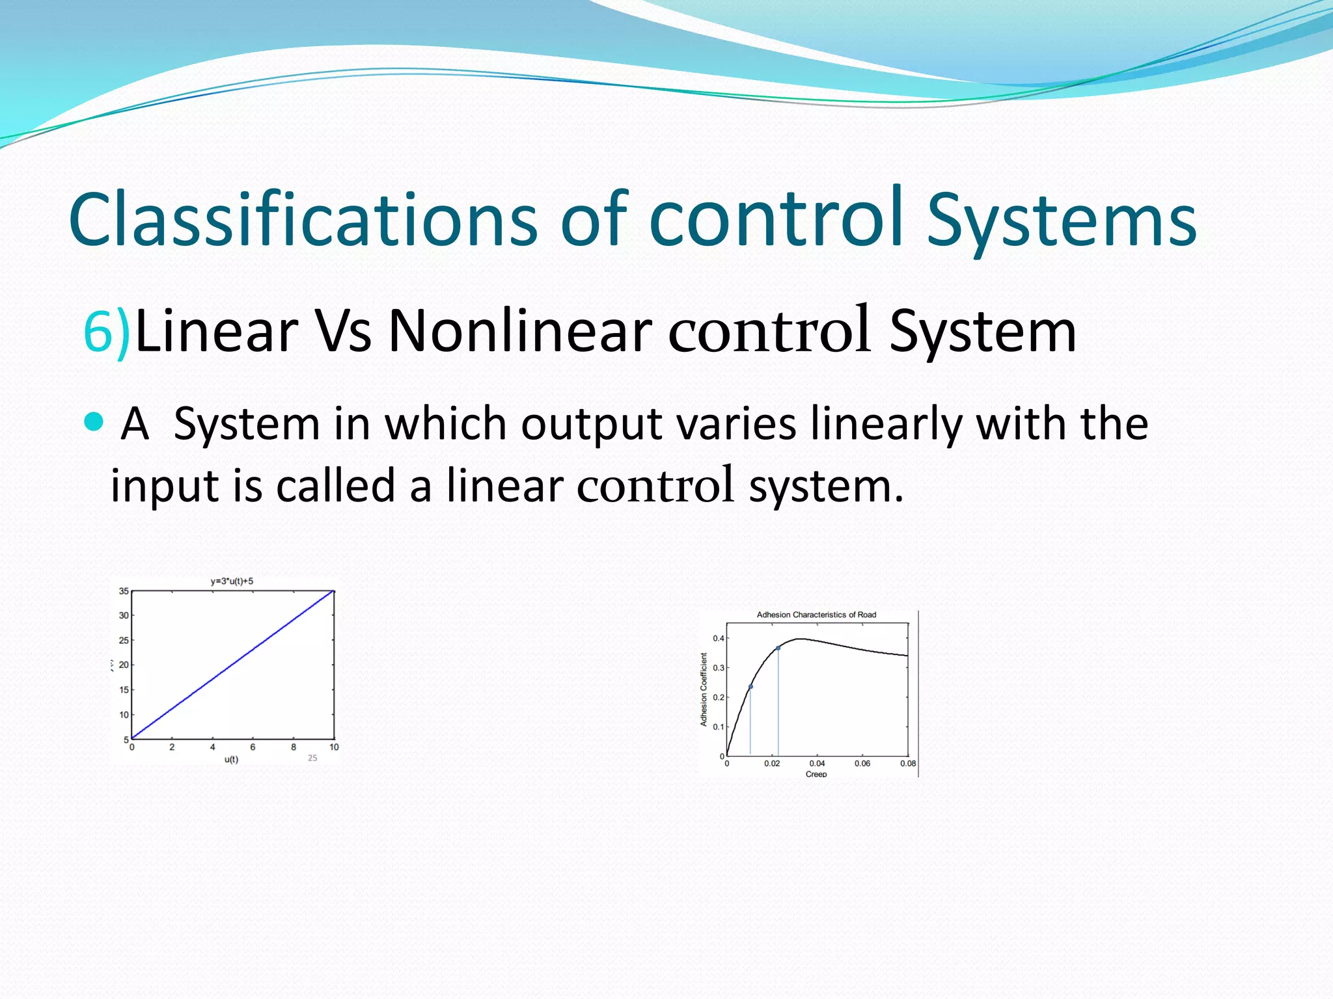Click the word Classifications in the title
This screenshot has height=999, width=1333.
[303, 220]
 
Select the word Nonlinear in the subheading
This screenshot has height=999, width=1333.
[520, 331]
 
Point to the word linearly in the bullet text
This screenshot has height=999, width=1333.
[886, 424]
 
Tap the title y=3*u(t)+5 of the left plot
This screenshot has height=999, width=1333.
[232, 581]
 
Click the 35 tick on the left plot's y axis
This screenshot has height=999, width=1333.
[124, 591]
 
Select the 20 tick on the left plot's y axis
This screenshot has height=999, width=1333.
[124, 665]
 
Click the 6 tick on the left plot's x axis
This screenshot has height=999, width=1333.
[253, 747]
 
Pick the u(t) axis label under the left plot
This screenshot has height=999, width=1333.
[231, 760]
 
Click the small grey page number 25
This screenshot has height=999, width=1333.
[312, 758]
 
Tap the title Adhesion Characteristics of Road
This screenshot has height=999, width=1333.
[816, 615]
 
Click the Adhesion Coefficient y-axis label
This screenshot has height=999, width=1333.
[704, 689]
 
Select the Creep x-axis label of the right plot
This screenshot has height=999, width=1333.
[816, 774]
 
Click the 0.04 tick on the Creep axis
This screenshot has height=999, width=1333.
[817, 764]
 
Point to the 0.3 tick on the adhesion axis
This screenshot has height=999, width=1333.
[719, 668]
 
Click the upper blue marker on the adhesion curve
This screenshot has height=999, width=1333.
[778, 648]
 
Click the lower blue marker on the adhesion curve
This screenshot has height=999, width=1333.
[750, 687]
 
